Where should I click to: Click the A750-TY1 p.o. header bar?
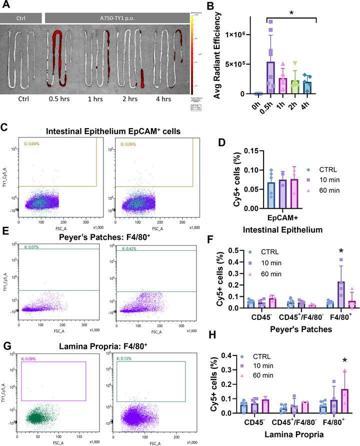(x=116, y=19)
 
